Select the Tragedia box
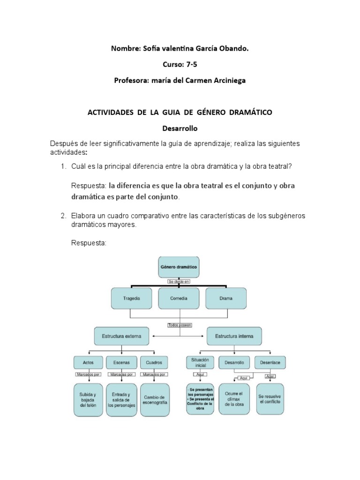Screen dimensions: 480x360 click(x=132, y=298)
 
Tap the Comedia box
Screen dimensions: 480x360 click(x=180, y=298)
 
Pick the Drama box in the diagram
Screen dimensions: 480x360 click(x=226, y=298)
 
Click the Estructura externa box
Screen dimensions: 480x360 click(x=121, y=336)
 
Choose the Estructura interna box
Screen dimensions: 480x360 click(x=234, y=336)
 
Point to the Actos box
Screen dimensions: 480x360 click(x=88, y=362)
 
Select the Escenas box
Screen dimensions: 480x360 click(x=121, y=362)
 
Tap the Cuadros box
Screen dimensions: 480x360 click(x=154, y=362)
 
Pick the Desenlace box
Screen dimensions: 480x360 click(x=270, y=362)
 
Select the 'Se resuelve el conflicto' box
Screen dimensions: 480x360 click(x=270, y=398)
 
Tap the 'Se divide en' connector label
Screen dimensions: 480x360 click(x=180, y=281)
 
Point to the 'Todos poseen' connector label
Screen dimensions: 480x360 click(x=180, y=324)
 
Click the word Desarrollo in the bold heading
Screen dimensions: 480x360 click(x=180, y=127)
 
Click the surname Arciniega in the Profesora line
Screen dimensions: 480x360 click(x=223, y=80)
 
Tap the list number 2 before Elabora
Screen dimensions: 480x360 click(x=63, y=216)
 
